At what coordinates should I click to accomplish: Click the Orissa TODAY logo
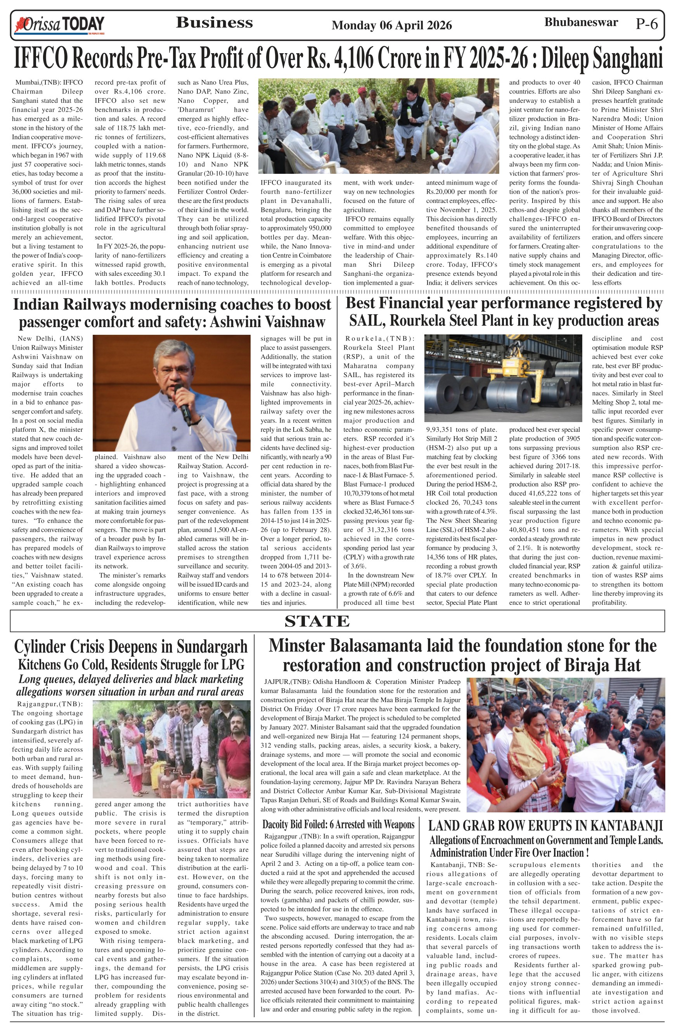click(x=59, y=25)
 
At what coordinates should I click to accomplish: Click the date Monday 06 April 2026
click(x=391, y=26)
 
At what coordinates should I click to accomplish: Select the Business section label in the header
click(x=214, y=23)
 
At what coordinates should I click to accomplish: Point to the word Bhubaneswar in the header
click(x=581, y=23)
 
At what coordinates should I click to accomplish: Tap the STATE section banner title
click(x=317, y=621)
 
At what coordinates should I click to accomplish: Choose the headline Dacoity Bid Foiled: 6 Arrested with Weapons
click(x=338, y=824)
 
